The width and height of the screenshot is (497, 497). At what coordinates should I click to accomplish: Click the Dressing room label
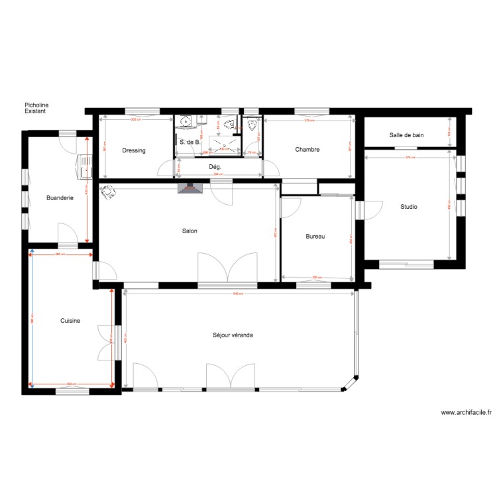(133, 150)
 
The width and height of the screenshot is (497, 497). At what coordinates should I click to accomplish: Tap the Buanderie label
(59, 197)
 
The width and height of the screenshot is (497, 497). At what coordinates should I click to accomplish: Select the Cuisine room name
(70, 321)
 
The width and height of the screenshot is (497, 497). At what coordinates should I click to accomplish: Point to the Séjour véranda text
(229, 335)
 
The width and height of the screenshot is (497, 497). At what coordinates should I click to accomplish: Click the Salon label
(190, 231)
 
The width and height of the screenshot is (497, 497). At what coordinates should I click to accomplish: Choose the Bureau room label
(314, 237)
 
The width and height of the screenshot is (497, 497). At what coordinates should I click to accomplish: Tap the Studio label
(408, 207)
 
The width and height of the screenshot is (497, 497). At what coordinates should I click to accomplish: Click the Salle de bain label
(406, 135)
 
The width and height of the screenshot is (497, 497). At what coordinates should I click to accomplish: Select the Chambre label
(307, 150)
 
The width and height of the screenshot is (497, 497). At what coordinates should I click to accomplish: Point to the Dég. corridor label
(215, 167)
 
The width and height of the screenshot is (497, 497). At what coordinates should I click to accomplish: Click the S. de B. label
(190, 142)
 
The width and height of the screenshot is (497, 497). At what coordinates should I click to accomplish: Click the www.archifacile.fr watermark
(467, 412)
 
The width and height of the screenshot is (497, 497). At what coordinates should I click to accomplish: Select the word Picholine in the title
(36, 105)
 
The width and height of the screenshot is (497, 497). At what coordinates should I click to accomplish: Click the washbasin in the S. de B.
(187, 121)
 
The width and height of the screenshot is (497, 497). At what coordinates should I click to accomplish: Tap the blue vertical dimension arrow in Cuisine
(29, 319)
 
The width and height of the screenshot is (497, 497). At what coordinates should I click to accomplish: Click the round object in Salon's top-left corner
(107, 192)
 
